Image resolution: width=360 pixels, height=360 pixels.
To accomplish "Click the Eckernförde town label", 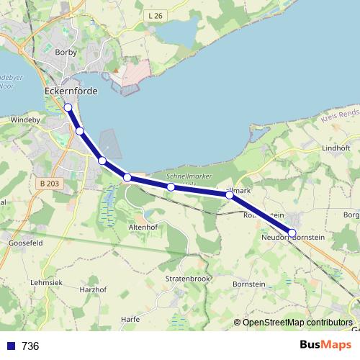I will (71, 92).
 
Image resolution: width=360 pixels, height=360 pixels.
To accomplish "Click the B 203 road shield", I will (50, 184).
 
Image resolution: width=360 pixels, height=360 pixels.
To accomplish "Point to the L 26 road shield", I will (153, 16).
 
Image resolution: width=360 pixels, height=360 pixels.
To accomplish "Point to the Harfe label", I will (130, 319).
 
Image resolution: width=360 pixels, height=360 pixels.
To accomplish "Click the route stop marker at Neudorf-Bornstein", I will (292, 233).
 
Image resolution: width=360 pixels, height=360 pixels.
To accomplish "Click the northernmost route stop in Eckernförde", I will (68, 107).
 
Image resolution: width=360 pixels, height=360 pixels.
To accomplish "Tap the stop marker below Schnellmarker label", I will (171, 187).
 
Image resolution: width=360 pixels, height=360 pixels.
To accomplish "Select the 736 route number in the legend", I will (30, 346).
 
